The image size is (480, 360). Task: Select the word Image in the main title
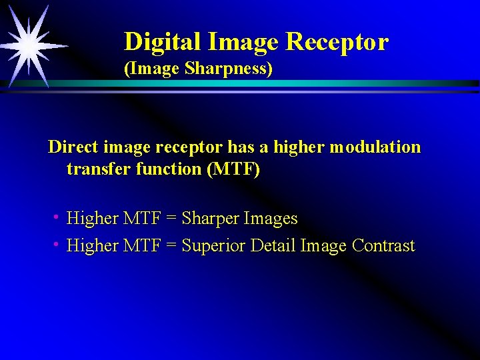[243, 42]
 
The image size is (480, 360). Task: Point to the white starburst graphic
[29, 46]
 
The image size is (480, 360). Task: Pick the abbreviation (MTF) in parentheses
[234, 169]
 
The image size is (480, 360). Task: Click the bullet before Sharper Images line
[58, 217]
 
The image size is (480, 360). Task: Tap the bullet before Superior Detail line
[58, 245]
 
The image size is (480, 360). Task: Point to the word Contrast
[383, 246]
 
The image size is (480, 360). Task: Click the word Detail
[273, 246]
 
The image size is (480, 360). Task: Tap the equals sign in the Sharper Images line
[171, 219]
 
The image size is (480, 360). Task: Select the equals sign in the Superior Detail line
[171, 246]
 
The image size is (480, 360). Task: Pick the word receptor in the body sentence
[193, 147]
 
